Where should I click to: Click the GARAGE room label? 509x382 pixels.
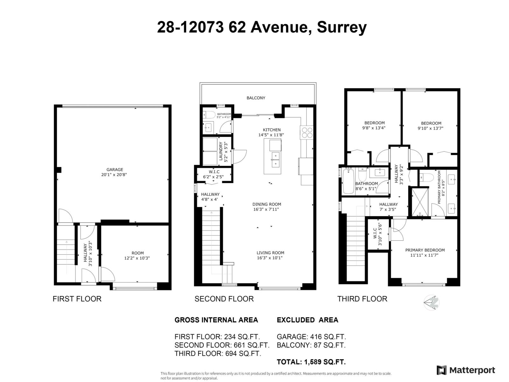(115, 170)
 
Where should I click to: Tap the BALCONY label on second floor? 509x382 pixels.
(256, 98)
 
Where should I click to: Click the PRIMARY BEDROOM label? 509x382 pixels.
(425, 250)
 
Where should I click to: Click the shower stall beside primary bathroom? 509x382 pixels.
(420, 203)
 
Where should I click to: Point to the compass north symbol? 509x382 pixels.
(432, 302)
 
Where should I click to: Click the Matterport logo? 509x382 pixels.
(466, 370)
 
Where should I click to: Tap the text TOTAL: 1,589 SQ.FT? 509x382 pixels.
(311, 362)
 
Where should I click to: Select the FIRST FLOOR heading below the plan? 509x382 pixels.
(77, 299)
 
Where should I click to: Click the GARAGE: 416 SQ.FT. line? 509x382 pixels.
(311, 337)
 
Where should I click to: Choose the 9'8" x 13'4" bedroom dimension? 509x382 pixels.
(374, 128)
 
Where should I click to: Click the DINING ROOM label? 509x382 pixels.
(267, 204)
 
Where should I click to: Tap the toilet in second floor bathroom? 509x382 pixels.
(208, 115)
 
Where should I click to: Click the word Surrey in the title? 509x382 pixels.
(342, 27)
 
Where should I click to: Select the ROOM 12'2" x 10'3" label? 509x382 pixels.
(137, 256)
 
